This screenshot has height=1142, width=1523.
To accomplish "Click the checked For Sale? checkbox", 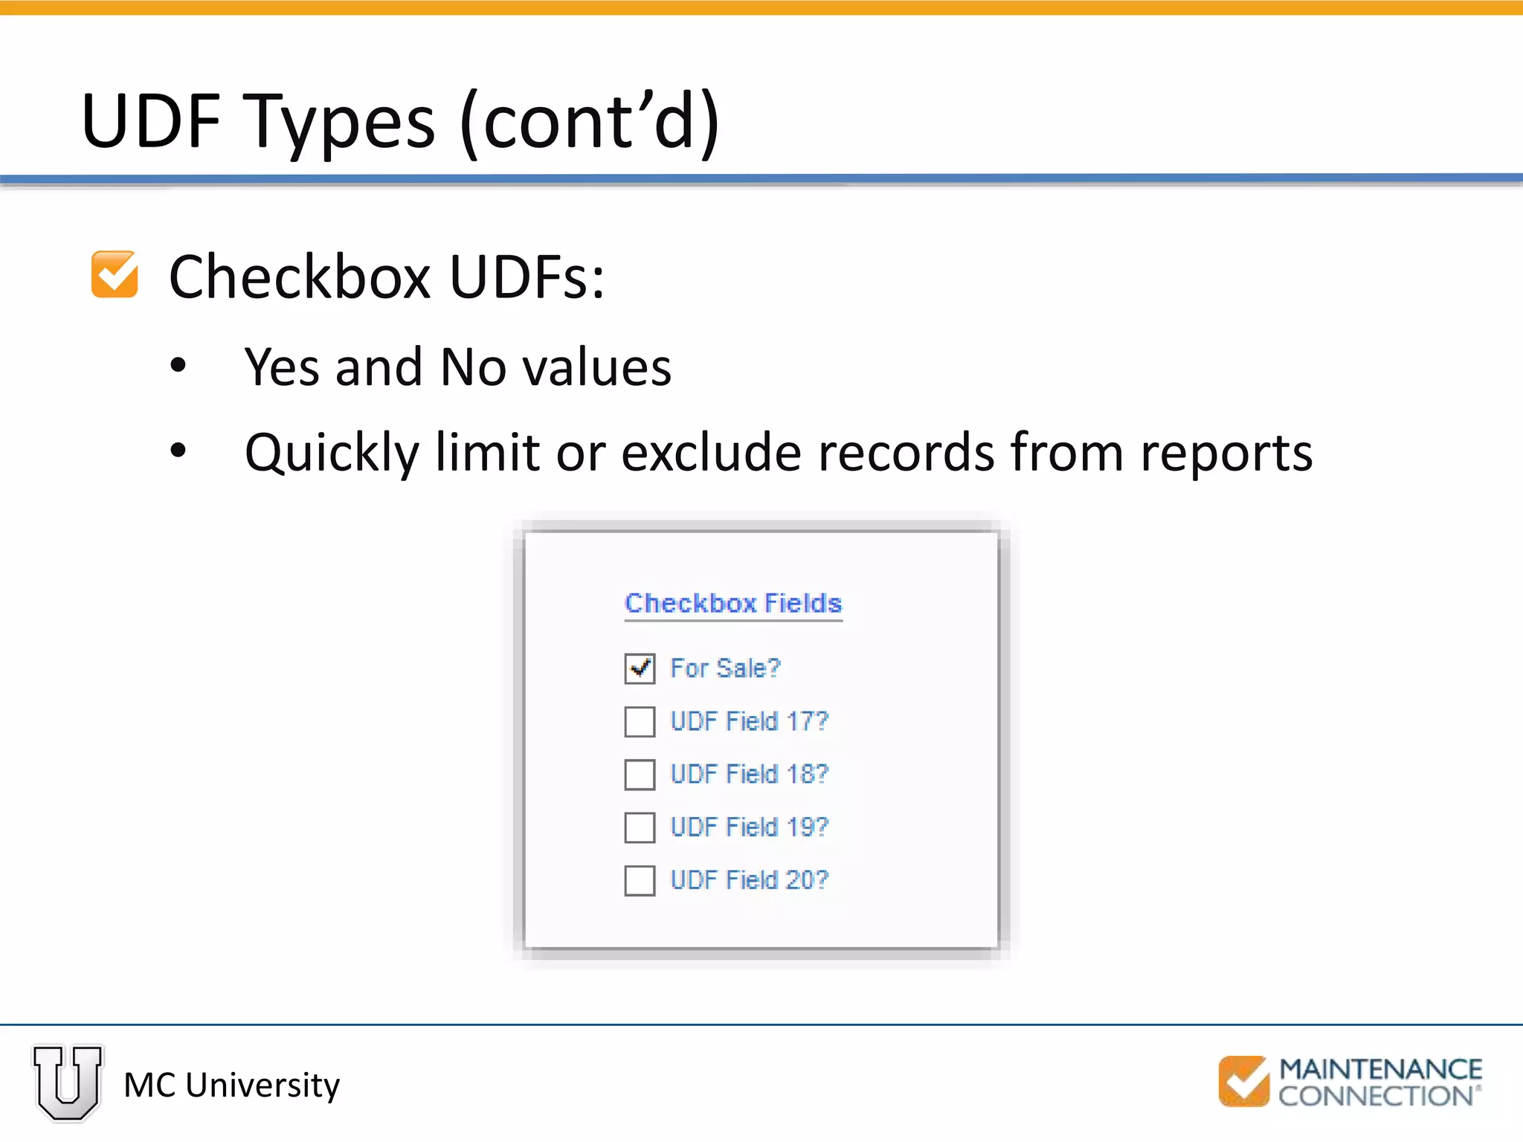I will (x=640, y=668).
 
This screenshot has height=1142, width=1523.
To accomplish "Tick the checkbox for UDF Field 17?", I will (x=640, y=721).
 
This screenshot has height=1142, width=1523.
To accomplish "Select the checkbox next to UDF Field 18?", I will (x=640, y=774).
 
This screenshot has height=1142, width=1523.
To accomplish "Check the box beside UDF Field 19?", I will (x=640, y=828).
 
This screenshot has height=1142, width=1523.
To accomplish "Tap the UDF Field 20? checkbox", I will (x=640, y=880).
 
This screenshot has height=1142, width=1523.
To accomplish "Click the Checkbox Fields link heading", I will (x=733, y=603).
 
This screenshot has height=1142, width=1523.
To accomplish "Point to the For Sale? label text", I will (x=725, y=668).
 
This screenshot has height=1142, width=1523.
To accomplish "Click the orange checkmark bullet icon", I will (x=115, y=274).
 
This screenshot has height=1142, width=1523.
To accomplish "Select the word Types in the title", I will (x=340, y=121).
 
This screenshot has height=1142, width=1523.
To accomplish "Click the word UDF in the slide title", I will (x=151, y=121).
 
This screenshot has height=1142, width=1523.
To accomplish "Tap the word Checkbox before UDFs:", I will (x=300, y=277).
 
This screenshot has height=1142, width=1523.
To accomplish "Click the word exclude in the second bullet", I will (x=712, y=452).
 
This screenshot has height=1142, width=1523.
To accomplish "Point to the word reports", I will (x=1227, y=452).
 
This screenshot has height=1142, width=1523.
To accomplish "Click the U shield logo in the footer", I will (x=68, y=1082).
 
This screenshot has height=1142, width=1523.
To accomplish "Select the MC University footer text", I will (x=231, y=1085).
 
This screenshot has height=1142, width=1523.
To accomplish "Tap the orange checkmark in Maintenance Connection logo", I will (x=1243, y=1081).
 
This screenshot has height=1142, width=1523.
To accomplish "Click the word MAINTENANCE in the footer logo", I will (x=1380, y=1069).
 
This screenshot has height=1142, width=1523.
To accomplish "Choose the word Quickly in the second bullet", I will (x=332, y=454).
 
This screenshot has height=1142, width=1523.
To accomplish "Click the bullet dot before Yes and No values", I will (x=178, y=365).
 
